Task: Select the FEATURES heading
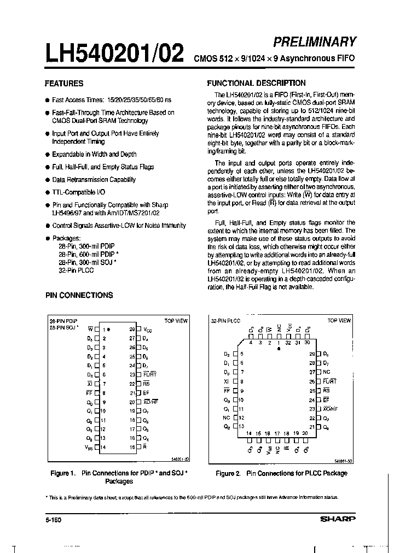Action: (x=63, y=84)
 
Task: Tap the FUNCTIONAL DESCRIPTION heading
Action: (x=256, y=83)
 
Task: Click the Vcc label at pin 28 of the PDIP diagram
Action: (x=148, y=330)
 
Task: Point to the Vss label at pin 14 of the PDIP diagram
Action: (x=89, y=447)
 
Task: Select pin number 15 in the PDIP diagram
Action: (x=132, y=447)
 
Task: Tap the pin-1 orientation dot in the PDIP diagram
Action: (x=109, y=330)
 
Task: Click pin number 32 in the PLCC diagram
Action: (x=288, y=343)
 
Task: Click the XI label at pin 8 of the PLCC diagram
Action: (x=227, y=381)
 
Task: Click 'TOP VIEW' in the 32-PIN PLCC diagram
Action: (x=339, y=321)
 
